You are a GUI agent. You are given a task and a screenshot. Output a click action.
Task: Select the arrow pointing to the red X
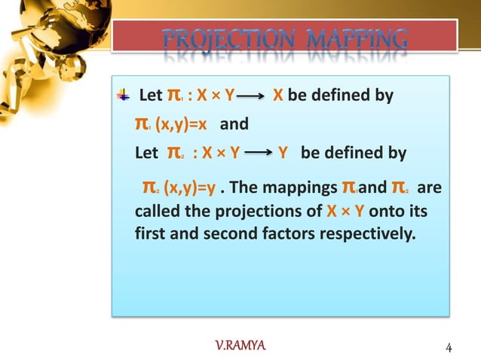pyautogui.click(x=252, y=97)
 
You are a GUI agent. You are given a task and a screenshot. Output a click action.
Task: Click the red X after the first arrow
pyautogui.click(x=277, y=96)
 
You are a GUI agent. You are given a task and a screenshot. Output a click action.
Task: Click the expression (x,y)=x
pyautogui.click(x=181, y=124)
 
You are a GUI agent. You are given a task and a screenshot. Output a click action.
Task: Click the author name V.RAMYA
pyautogui.click(x=240, y=346)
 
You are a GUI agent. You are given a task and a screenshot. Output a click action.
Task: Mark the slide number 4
pyautogui.click(x=449, y=347)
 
